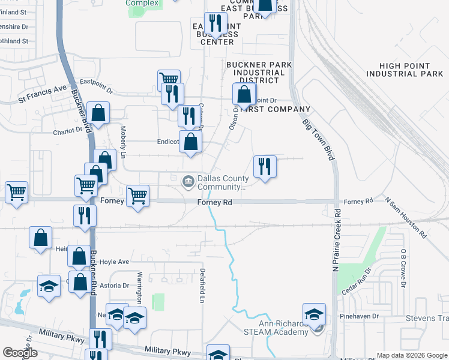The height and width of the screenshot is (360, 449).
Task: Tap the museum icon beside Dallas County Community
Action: pos(188,180)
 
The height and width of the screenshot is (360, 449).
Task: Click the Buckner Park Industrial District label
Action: pos(259,72)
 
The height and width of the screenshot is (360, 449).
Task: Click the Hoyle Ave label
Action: pos(114,262)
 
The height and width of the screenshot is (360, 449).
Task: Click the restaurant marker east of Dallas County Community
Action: pos(264,166)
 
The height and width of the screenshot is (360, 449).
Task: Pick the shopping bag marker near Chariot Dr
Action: pos(98,112)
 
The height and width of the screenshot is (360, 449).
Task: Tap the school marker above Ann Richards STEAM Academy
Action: pos(314,314)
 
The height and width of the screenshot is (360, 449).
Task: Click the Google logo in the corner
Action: pos(20,353)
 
